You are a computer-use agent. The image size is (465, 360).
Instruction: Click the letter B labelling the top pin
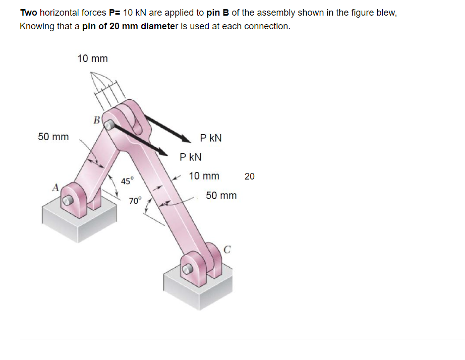[x=96, y=120]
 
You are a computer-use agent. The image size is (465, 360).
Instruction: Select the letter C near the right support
[x=227, y=249]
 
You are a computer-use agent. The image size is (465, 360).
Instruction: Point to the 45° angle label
[x=128, y=181]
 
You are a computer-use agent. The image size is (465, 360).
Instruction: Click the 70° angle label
[x=136, y=200]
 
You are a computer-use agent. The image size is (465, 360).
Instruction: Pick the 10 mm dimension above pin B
[x=92, y=58]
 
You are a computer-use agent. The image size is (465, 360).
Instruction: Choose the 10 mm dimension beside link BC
[x=204, y=176]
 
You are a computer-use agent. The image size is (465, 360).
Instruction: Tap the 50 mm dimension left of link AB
[x=53, y=137]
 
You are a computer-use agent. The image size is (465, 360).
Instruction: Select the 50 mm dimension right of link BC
[x=221, y=195]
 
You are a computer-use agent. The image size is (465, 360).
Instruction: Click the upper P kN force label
[x=211, y=138]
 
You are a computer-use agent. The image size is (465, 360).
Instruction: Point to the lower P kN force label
[x=191, y=157]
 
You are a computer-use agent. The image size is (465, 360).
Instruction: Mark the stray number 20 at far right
[x=250, y=176]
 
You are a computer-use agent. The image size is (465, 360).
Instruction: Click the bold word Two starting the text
[x=28, y=13]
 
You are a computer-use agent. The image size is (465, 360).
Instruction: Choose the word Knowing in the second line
[x=37, y=26]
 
